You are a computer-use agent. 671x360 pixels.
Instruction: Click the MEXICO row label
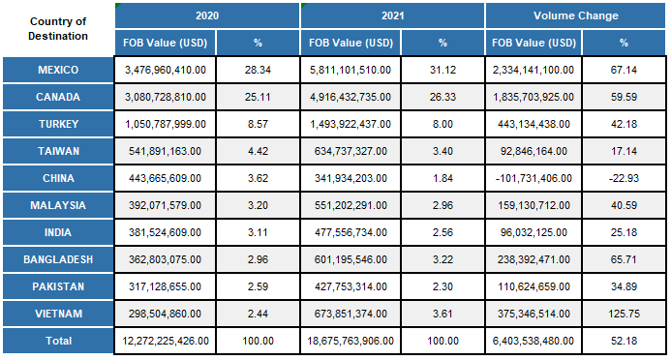pos(57,71)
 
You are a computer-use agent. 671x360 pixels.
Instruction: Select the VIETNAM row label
pos(57,315)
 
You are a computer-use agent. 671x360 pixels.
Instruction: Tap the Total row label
pos(57,342)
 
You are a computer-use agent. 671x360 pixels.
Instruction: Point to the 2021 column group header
pos(391,16)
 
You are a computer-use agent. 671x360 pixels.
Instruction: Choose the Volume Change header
pos(575,16)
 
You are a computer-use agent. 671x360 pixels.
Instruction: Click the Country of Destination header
pos(57,29)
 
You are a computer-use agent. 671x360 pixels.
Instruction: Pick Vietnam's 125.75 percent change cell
pos(624,315)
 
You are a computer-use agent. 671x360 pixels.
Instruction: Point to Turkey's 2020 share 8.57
pos(257,125)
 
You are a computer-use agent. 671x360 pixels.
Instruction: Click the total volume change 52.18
pos(624,342)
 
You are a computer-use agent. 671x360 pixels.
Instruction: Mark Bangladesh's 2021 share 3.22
pos(442,260)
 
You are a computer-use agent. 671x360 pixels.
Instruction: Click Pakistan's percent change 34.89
pos(624,287)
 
